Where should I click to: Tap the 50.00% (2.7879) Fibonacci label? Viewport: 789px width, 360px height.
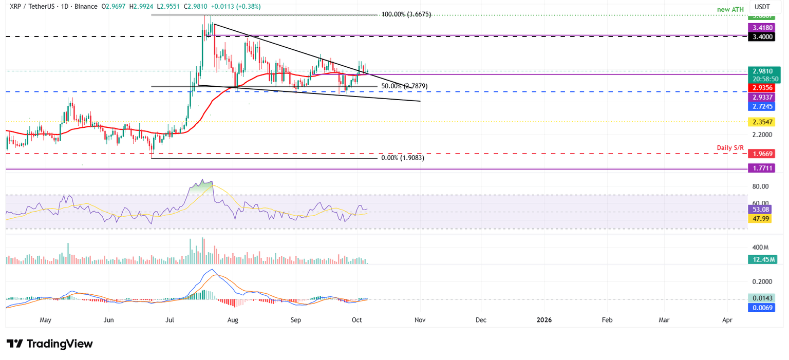[x=404, y=86]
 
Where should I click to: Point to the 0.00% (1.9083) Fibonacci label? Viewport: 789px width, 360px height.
[x=403, y=158]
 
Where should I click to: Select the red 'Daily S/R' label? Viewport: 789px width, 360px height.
[x=730, y=148]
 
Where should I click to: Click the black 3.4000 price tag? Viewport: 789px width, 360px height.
[x=760, y=37]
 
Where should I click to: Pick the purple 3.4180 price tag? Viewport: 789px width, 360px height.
[x=760, y=27]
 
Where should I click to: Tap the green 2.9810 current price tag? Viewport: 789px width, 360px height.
[x=762, y=71]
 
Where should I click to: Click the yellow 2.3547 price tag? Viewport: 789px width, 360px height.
[x=760, y=122]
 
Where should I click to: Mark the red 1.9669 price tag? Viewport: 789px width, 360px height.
[x=760, y=154]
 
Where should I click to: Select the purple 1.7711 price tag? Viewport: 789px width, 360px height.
[x=760, y=168]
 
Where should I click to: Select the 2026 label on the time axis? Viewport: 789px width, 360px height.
[x=544, y=320]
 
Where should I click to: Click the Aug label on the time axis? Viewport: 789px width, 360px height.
[x=233, y=320]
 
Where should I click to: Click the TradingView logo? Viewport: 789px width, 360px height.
[x=50, y=344]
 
